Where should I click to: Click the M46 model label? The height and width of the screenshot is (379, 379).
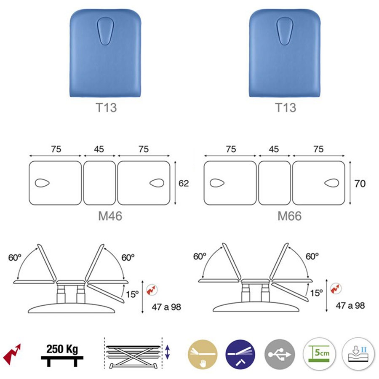[110, 216]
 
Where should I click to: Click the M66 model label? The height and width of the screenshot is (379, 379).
[289, 216]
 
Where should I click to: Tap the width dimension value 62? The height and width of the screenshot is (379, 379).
[184, 183]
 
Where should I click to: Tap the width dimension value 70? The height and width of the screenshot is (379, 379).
[360, 184]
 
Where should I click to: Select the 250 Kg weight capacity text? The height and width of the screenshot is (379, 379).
[62, 349]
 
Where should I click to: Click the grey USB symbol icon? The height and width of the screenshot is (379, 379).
[280, 354]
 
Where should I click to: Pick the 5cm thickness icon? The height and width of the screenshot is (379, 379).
[319, 354]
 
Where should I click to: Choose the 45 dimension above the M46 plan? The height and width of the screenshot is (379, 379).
[99, 149]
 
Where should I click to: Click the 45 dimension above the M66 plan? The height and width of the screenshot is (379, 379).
[274, 149]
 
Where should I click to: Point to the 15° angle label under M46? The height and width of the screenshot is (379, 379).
[132, 294]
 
